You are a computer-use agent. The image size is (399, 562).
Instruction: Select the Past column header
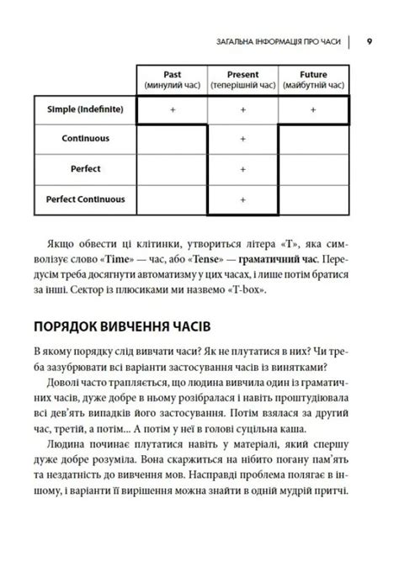[x=172, y=80]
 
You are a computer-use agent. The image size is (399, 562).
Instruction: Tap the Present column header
[x=242, y=80]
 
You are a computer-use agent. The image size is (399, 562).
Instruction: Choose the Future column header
[x=313, y=80]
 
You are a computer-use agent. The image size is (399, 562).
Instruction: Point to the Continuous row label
[x=85, y=139]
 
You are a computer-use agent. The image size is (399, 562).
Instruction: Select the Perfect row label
[x=85, y=169]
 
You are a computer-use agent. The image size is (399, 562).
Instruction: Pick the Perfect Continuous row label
[x=85, y=199]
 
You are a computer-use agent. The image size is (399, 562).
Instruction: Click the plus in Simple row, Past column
[x=172, y=109]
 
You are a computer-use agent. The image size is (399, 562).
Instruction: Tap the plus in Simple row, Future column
[x=313, y=109]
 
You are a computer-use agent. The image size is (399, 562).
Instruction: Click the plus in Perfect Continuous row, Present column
[x=242, y=200]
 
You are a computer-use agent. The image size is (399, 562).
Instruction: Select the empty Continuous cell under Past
[x=172, y=140]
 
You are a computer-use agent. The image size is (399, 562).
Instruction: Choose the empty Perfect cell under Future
[x=313, y=170]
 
